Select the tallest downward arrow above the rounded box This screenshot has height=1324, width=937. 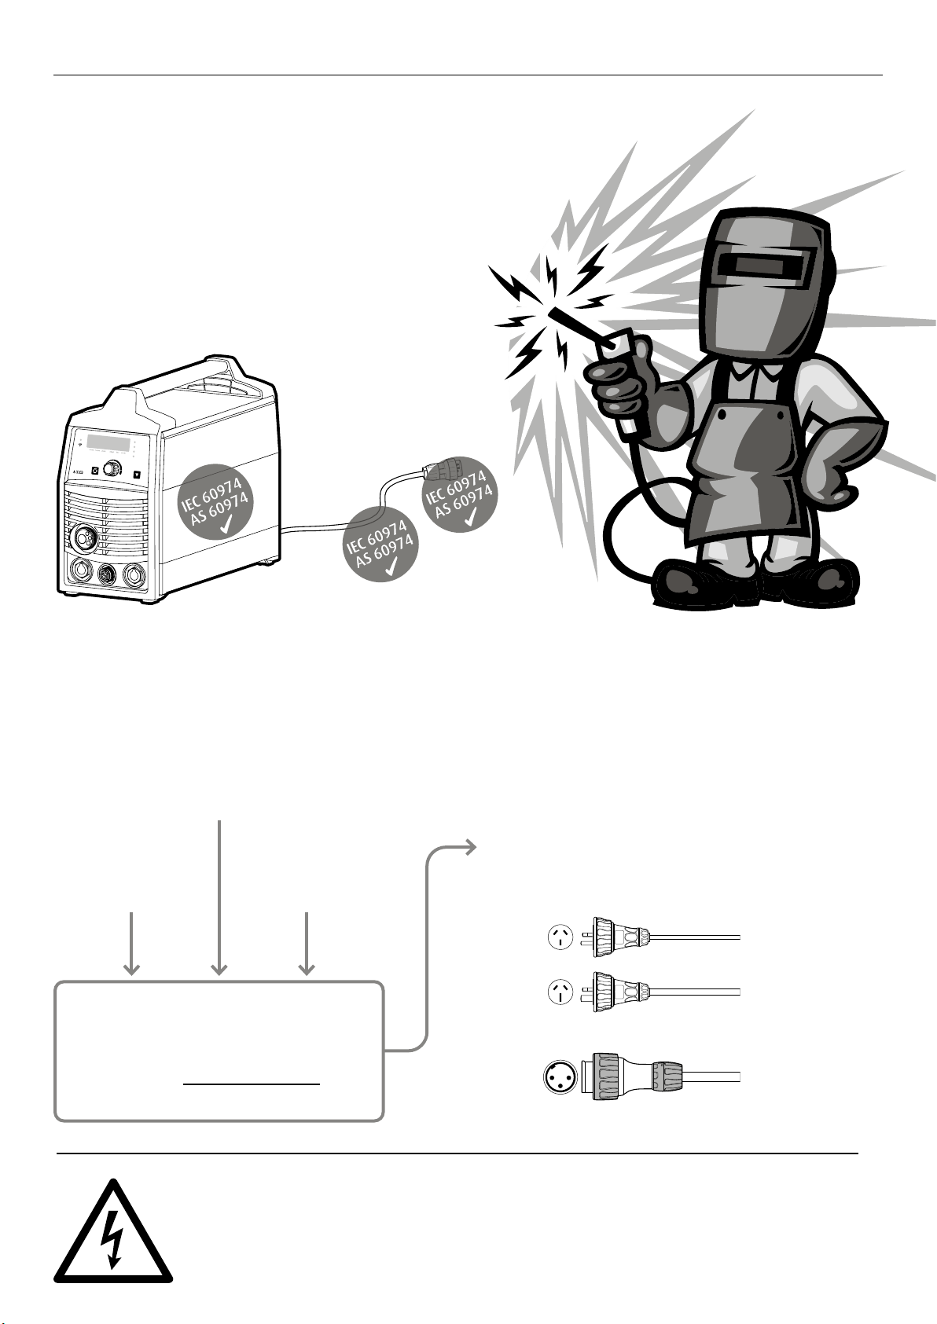tap(219, 896)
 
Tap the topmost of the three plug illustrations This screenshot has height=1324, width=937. tap(621, 937)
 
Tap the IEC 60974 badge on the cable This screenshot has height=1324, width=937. tap(381, 544)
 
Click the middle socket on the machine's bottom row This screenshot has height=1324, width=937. tap(105, 574)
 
